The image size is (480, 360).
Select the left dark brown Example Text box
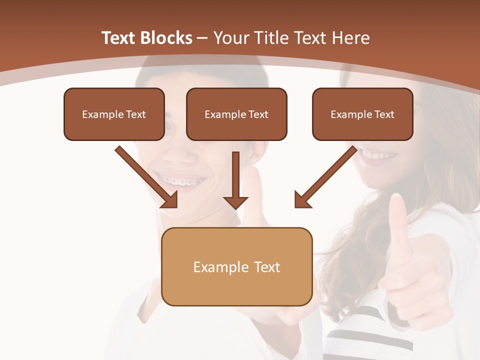pyautogui.click(x=114, y=114)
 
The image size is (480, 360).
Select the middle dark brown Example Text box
pyautogui.click(x=236, y=114)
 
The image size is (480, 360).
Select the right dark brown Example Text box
pyautogui.click(x=362, y=114)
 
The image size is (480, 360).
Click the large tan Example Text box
pyautogui.click(x=236, y=266)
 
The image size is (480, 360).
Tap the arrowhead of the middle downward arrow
pyautogui.click(x=235, y=202)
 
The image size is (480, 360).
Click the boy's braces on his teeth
pyautogui.click(x=180, y=179)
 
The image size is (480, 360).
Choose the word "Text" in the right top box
pyautogui.click(x=384, y=114)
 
